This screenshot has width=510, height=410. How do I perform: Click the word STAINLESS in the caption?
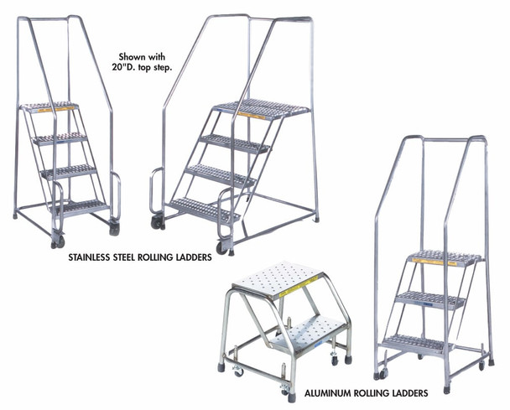(96, 258)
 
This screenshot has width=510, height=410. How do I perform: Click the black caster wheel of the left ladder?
(113, 228)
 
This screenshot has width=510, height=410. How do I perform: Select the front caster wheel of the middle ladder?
(221, 247)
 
